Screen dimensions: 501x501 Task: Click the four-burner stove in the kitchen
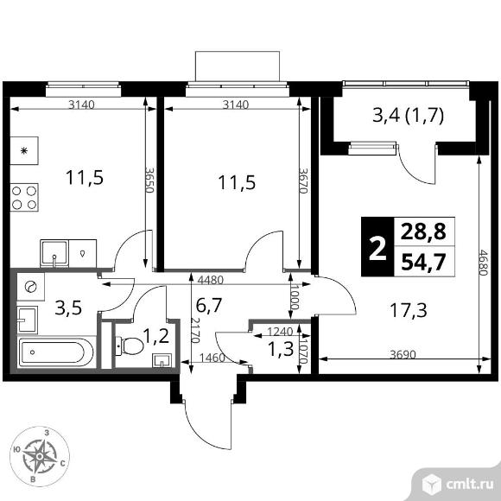pyautogui.click(x=24, y=197)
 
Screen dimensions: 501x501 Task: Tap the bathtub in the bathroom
pyautogui.click(x=56, y=352)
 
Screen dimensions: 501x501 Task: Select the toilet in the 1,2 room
pyautogui.click(x=130, y=346)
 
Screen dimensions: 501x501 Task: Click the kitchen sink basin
pyautogui.click(x=54, y=253)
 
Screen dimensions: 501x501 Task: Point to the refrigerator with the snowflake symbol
pyautogui.click(x=24, y=150)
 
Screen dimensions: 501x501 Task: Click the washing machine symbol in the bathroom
pyautogui.click(x=31, y=287)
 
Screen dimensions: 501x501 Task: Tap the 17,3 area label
pyautogui.click(x=409, y=310)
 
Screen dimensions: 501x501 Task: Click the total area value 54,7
pyautogui.click(x=423, y=262)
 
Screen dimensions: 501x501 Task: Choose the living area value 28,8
pyautogui.click(x=423, y=231)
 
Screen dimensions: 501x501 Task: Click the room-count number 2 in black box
pyautogui.click(x=377, y=247)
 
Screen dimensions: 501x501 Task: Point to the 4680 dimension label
pyautogui.click(x=483, y=263)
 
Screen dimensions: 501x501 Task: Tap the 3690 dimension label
pyautogui.click(x=403, y=354)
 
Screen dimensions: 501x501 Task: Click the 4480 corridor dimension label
pyautogui.click(x=210, y=280)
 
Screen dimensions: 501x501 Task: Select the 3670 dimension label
pyautogui.click(x=302, y=181)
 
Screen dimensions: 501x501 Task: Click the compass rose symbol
pyautogui.click(x=40, y=456)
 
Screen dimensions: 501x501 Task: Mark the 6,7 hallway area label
pyautogui.click(x=209, y=306)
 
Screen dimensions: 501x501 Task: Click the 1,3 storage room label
pyautogui.click(x=281, y=349)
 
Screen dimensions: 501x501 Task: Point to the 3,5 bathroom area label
pyautogui.click(x=68, y=308)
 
